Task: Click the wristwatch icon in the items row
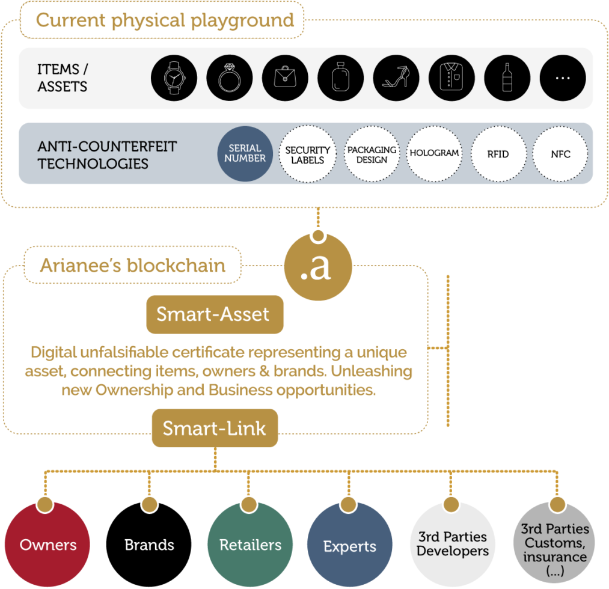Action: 173,78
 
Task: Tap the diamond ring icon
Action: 229,78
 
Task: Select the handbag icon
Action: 285,78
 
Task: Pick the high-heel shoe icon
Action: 396,78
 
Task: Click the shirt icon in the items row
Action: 451,78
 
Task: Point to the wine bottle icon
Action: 507,78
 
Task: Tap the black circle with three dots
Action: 562,78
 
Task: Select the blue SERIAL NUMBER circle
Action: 245,154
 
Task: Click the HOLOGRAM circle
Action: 434,154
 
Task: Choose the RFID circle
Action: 498,154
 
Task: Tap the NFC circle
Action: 560,154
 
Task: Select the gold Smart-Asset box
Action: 213,314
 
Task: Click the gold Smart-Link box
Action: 215,429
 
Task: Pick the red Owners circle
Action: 48,544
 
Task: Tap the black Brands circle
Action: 149,544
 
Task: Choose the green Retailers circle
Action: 250,544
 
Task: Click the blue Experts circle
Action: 350,545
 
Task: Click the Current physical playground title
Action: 165,20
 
